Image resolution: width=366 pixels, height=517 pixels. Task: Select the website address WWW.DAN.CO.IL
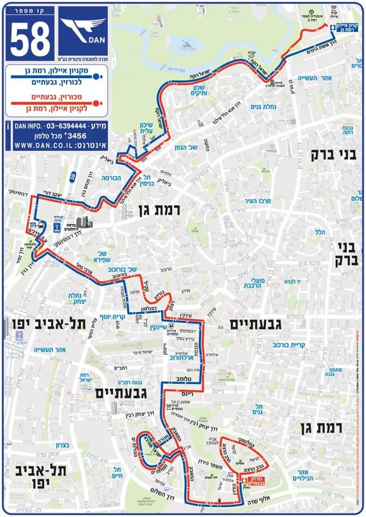[46, 145]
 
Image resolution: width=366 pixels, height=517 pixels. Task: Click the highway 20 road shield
[72, 174]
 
